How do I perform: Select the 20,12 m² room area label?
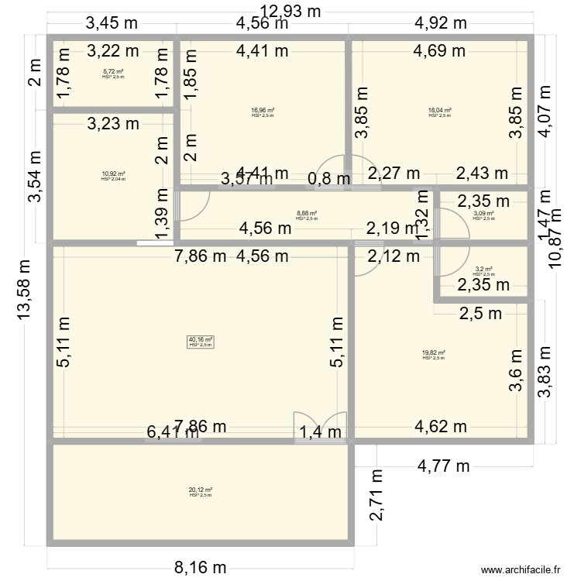click(200, 490)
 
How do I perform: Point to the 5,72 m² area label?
click(113, 72)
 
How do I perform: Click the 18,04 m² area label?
click(440, 111)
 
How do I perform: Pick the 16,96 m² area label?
click(263, 111)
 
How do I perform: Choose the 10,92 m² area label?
click(113, 174)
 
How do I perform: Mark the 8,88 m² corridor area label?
click(307, 214)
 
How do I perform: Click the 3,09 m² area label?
click(483, 214)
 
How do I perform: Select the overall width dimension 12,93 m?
click(290, 11)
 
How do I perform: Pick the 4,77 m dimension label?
click(443, 466)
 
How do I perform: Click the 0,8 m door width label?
click(328, 180)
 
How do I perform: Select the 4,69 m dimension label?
click(438, 52)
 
